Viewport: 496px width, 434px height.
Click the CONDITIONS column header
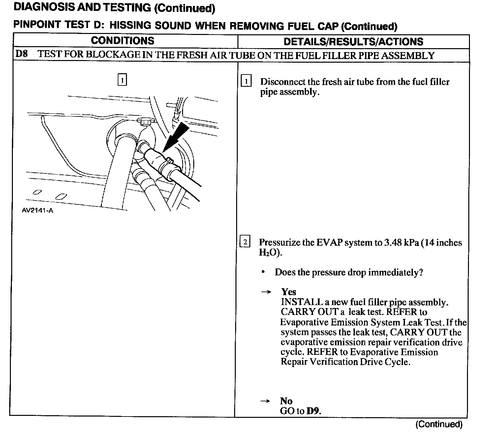pos(122,41)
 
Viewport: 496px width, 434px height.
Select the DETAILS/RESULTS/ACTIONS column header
pos(353,42)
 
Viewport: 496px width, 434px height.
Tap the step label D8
pos(21,54)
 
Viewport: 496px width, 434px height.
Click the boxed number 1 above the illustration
pos(122,80)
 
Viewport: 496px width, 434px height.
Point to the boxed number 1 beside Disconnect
pos(246,81)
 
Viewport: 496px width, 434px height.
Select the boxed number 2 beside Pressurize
pos(245,242)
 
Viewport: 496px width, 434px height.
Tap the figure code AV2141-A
pos(37,210)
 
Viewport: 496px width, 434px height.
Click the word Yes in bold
pos(289,292)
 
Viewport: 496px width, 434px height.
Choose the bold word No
pos(286,401)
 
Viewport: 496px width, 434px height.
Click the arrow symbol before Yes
pos(265,292)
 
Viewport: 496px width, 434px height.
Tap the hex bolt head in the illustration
pos(145,122)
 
